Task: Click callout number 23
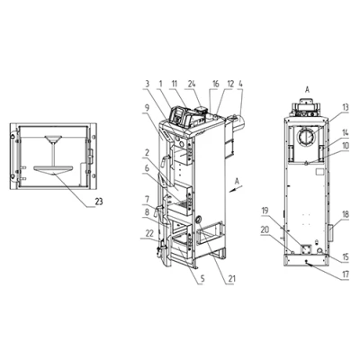coord(99,202)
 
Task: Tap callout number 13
coord(346,108)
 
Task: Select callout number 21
coord(231,279)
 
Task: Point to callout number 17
coord(346,274)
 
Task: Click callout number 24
coord(192,84)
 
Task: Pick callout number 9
coord(146,108)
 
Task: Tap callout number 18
coord(346,215)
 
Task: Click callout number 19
coord(265,211)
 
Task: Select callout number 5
coord(202,279)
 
